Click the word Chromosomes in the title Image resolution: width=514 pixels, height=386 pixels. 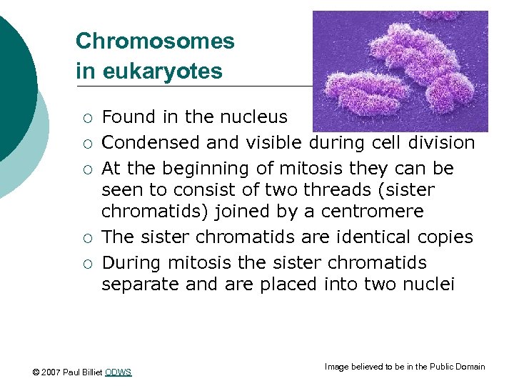pyautogui.click(x=155, y=41)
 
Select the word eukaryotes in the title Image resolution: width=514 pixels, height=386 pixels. pyautogui.click(x=161, y=71)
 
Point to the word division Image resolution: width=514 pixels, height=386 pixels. pyautogui.click(x=441, y=143)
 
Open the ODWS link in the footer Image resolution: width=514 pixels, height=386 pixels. pyautogui.click(x=119, y=372)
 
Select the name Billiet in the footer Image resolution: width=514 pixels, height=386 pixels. pyautogui.click(x=91, y=372)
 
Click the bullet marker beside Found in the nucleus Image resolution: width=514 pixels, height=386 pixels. pyautogui.click(x=86, y=118)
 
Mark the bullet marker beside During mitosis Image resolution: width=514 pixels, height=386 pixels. pyautogui.click(x=86, y=264)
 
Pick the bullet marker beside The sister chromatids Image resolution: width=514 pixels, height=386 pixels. pyautogui.click(x=86, y=238)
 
